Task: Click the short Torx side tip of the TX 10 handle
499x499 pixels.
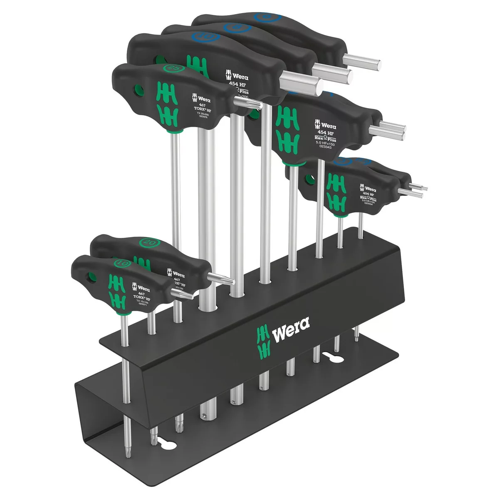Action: pos(187,296)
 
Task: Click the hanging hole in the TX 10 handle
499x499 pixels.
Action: pos(90,277)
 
